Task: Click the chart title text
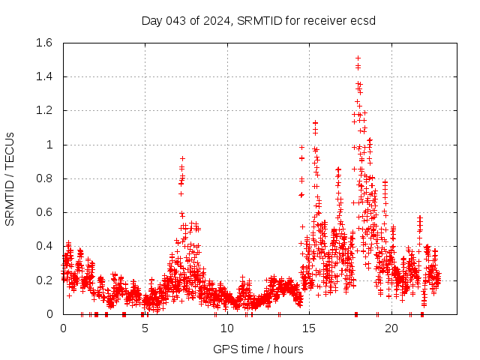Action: (258, 20)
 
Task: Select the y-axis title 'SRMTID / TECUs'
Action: (10, 178)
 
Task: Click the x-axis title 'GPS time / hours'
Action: (258, 349)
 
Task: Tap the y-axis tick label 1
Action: (50, 145)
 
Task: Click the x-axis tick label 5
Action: (145, 328)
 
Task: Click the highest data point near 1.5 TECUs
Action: (358, 58)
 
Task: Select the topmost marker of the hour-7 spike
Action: (182, 158)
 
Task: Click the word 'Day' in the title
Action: (152, 20)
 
